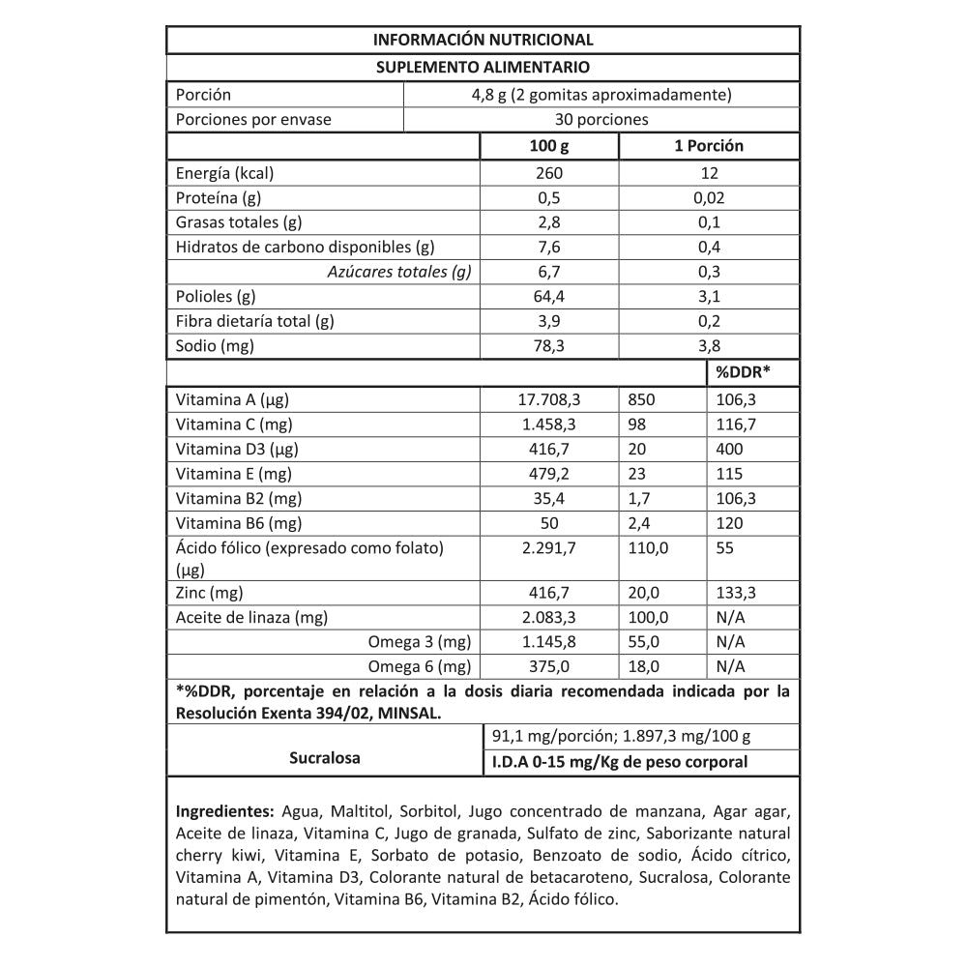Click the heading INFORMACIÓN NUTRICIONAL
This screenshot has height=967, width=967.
(x=483, y=40)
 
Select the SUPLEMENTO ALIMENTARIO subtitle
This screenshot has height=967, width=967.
(x=483, y=67)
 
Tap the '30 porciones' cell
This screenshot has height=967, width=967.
(x=601, y=120)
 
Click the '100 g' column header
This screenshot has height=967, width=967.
(x=549, y=146)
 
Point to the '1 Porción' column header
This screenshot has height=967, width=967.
(x=709, y=146)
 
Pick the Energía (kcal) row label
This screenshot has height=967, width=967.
(x=224, y=174)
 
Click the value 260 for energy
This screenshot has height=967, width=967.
(x=549, y=174)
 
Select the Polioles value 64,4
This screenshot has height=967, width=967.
(x=549, y=297)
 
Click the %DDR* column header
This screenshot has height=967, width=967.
(x=742, y=372)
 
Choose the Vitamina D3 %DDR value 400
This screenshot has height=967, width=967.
(x=730, y=450)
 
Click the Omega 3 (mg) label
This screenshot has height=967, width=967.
(x=420, y=641)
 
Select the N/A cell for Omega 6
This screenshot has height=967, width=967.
(x=730, y=666)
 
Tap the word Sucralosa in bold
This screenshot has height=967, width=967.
(x=325, y=758)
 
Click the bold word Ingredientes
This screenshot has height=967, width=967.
(x=225, y=809)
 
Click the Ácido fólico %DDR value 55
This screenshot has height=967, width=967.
(x=725, y=548)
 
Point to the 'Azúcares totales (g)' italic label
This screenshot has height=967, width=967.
(x=399, y=272)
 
